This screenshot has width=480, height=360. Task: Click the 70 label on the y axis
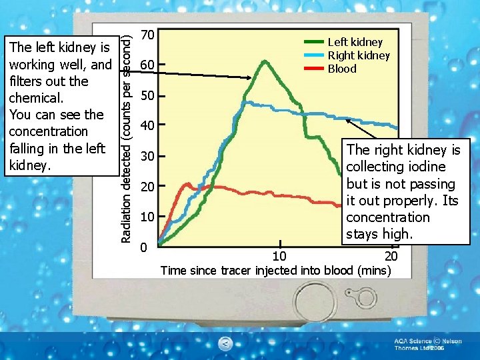(x=148, y=34)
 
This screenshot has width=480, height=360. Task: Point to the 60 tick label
(x=148, y=65)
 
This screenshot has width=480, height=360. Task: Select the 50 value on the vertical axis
(x=148, y=95)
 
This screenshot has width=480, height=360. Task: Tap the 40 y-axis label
(x=148, y=125)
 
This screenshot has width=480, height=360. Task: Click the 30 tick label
(x=148, y=156)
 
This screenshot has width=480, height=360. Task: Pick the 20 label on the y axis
(x=148, y=186)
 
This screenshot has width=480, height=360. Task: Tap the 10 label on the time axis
(x=280, y=257)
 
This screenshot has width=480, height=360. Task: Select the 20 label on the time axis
(x=391, y=257)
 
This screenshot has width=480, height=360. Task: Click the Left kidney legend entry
(x=355, y=42)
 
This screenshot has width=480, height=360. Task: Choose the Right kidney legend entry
(x=358, y=55)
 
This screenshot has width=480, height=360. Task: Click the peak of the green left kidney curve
(x=265, y=61)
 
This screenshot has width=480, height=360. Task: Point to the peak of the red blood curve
(x=188, y=183)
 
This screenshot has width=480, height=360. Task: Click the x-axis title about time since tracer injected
(x=275, y=270)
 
